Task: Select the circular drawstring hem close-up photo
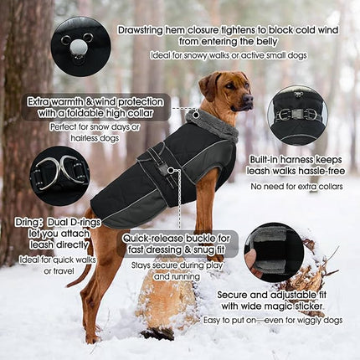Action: [78, 43]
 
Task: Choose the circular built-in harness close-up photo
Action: [296, 115]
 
